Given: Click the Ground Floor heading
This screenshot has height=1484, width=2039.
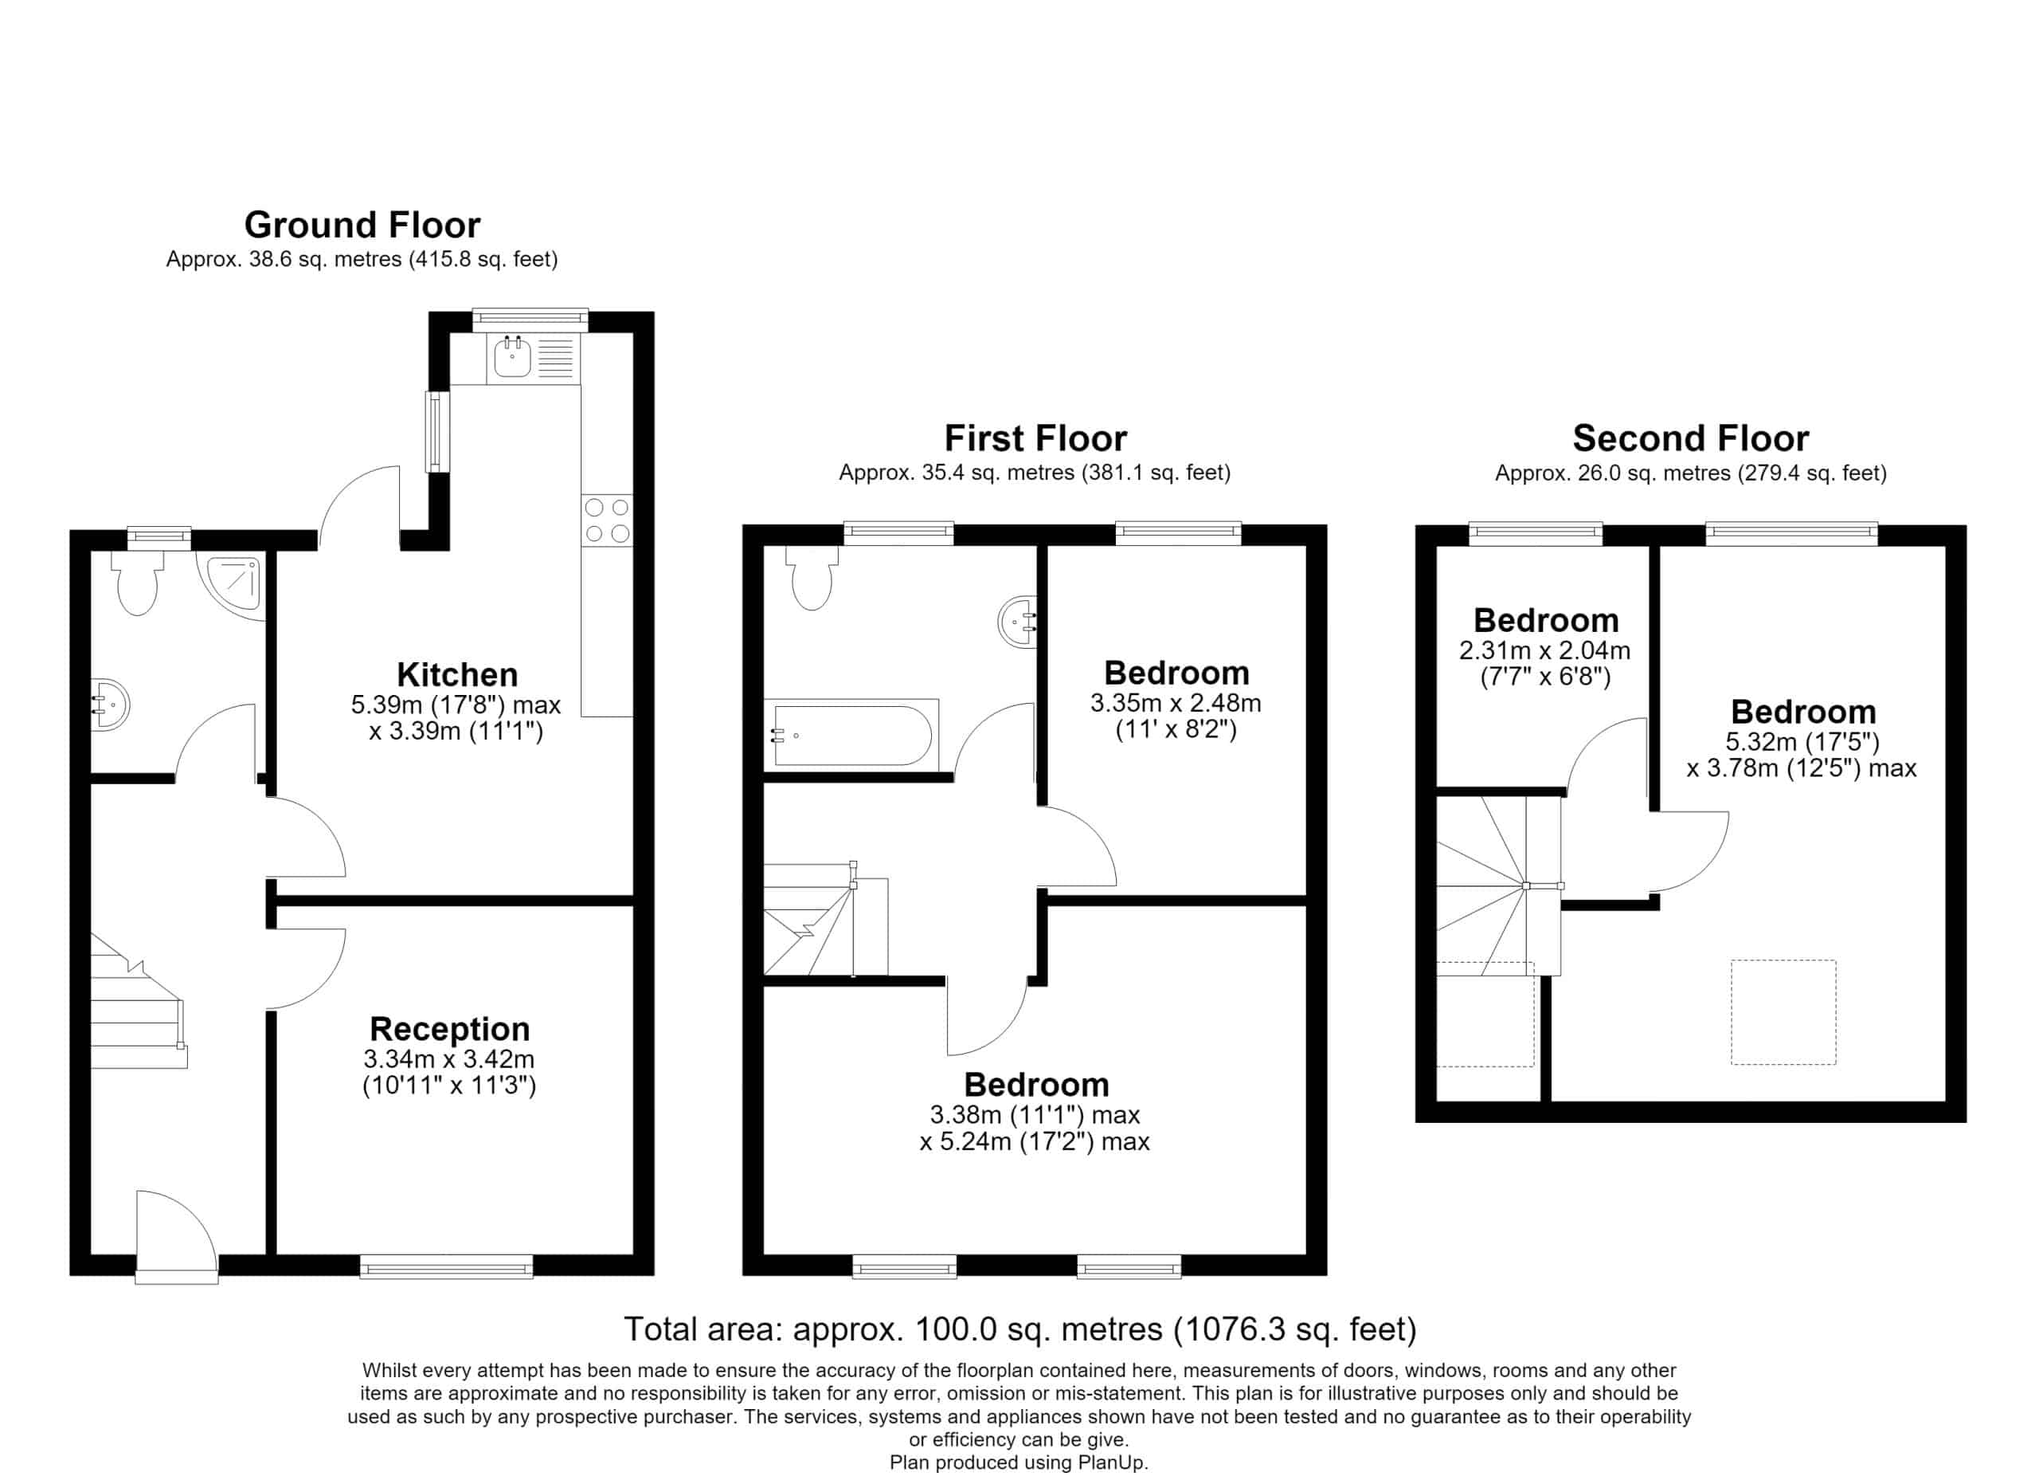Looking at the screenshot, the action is (x=362, y=225).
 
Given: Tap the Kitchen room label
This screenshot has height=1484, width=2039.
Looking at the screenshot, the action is (x=456, y=674).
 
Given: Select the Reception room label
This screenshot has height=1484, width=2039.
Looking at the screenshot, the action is (x=449, y=1029).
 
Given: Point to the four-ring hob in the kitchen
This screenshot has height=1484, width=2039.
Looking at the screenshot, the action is (x=607, y=520).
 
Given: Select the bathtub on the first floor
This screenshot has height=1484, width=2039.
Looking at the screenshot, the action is (x=851, y=735).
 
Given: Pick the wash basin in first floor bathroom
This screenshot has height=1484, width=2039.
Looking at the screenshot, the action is (x=1018, y=621).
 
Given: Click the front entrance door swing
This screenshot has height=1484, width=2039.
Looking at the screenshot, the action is (x=176, y=1232).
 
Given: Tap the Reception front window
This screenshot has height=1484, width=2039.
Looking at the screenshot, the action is (x=446, y=1267).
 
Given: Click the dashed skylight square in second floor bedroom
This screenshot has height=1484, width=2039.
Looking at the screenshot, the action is (x=1783, y=1013).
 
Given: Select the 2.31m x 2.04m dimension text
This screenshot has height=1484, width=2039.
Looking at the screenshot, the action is (x=1544, y=650).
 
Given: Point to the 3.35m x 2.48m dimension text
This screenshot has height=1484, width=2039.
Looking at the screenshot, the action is (x=1176, y=703).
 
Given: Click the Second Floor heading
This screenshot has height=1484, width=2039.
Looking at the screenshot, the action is (x=1690, y=439).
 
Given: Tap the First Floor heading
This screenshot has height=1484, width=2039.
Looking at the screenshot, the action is (x=1035, y=439).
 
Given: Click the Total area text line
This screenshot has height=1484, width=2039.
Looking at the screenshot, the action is (x=1020, y=1329).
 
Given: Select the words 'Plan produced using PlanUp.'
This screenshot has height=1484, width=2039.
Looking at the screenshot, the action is (x=1019, y=1463).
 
